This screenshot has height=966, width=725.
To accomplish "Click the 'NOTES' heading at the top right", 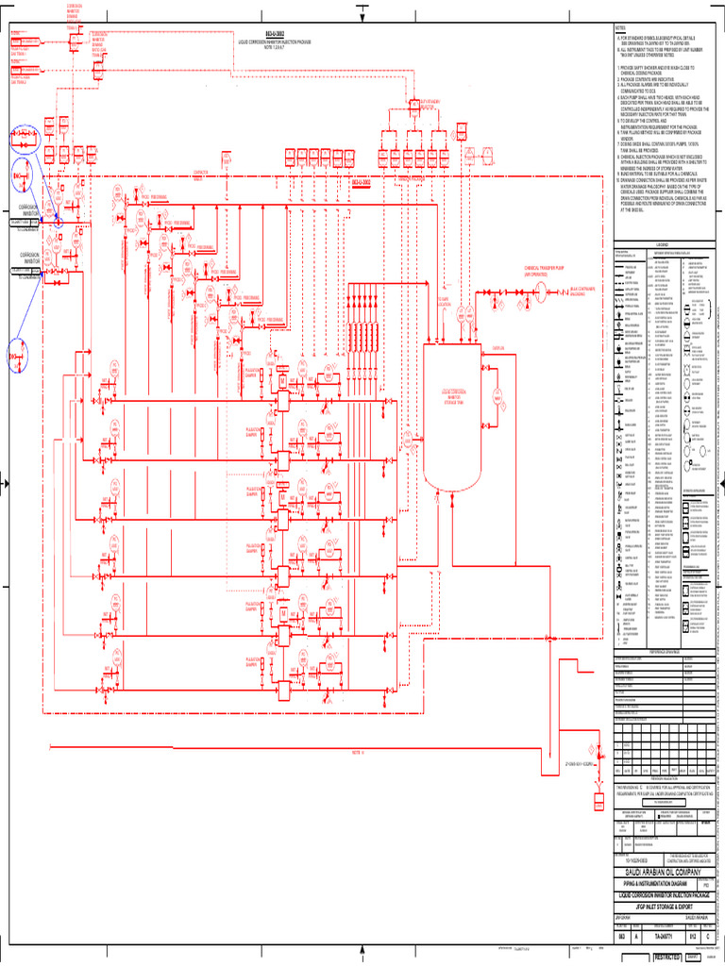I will click(x=620, y=28).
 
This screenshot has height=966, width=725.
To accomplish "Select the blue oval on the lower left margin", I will click(x=20, y=354).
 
